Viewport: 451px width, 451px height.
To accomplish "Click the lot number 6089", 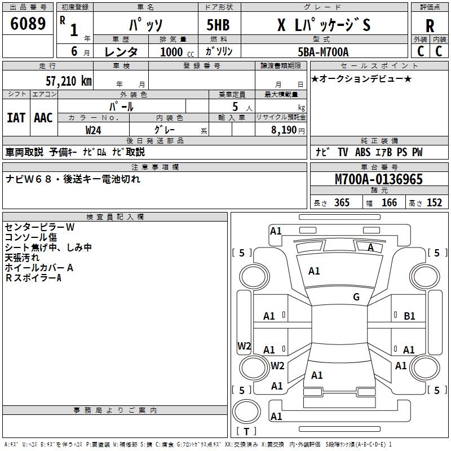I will click(28, 24).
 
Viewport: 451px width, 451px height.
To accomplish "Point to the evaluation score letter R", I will click(430, 25).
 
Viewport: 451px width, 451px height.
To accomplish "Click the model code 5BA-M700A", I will click(323, 51).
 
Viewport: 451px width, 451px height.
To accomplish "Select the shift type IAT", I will click(16, 117).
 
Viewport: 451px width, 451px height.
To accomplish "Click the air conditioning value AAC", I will click(43, 117).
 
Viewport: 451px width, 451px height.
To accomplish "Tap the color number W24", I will click(93, 130).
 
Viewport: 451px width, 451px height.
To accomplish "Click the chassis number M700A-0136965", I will click(378, 179).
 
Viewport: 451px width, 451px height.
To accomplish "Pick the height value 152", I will click(434, 203).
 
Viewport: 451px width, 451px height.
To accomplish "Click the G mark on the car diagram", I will click(356, 297).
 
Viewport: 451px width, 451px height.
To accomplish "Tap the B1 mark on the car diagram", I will click(410, 316).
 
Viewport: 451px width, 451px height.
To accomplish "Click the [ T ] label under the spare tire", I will click(247, 432).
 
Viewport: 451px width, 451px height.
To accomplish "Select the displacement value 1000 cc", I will click(176, 52).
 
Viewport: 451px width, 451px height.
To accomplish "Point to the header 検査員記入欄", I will click(115, 217).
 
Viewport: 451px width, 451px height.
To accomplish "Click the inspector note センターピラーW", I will click(39, 227).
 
